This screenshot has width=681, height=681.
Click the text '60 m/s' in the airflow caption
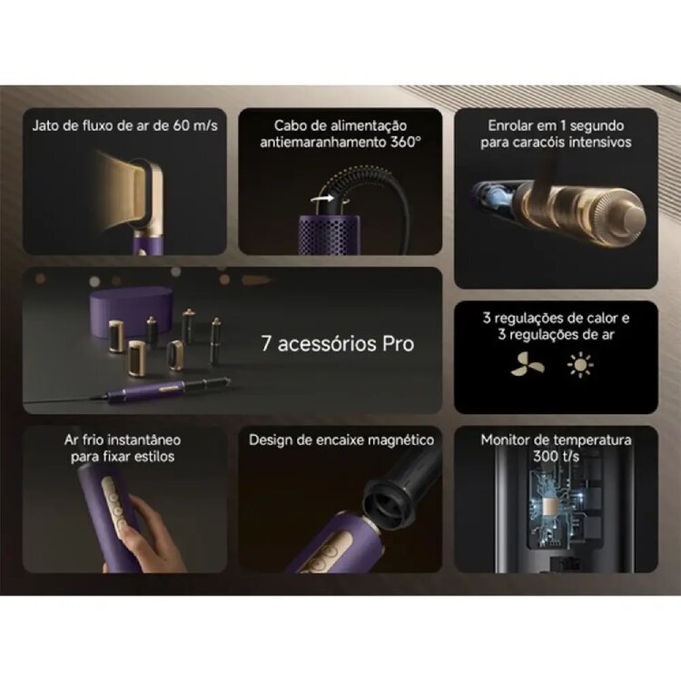coord(194,125)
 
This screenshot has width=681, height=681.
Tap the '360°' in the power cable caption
coord(406,142)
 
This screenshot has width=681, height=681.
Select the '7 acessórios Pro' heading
coord(338,343)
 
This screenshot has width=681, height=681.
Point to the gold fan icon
coord(527,364)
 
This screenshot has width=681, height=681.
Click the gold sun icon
coord(580,364)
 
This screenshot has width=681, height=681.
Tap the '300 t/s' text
coord(556,456)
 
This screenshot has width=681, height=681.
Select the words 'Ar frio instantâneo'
coord(123,439)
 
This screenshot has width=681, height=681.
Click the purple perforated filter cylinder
coord(330,234)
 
